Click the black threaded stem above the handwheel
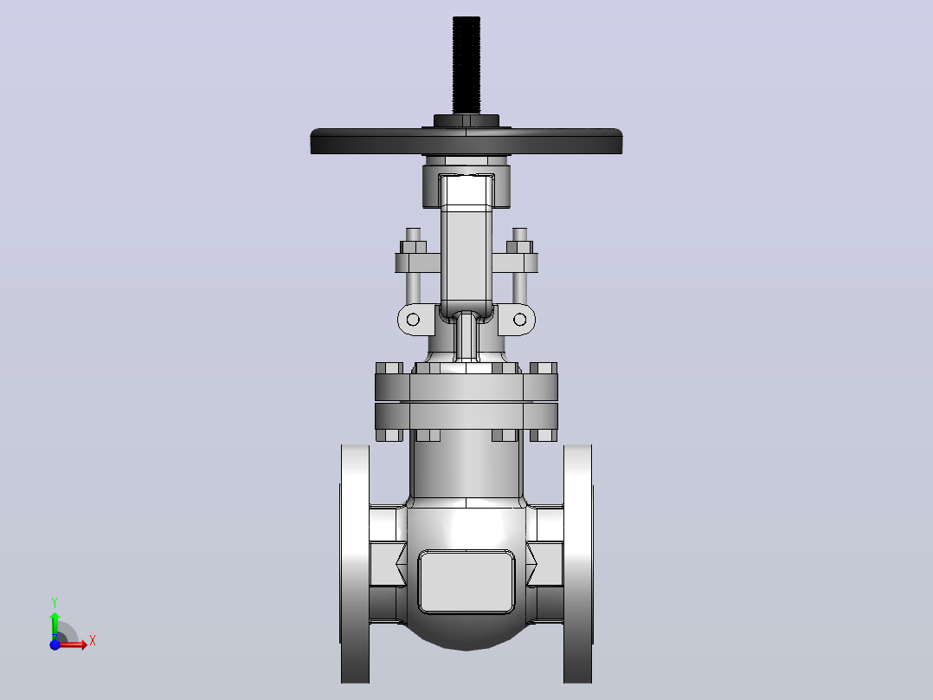point(466,65)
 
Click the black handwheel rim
point(466,142)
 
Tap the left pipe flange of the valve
point(355,564)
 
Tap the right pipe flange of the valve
point(578,564)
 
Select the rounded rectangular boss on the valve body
point(466,581)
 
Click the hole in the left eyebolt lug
point(412,320)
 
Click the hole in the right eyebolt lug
point(519,320)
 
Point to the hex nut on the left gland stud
point(413,247)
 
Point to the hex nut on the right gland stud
point(519,247)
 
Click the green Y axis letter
point(55,603)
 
